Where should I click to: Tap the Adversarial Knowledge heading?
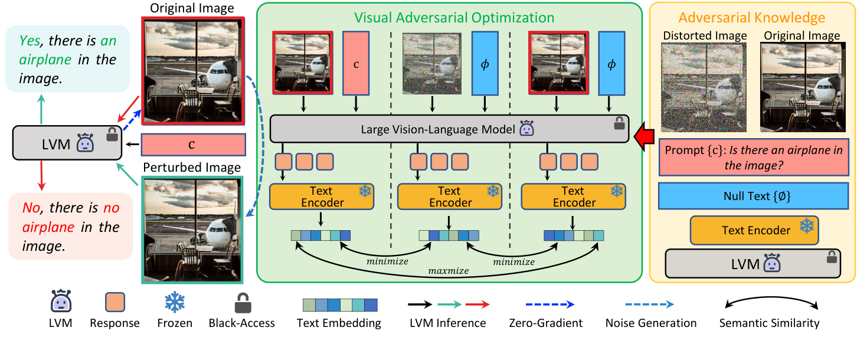point(751,18)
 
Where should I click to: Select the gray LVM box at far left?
point(67,144)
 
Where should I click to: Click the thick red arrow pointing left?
point(644,138)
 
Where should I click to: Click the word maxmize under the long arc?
point(449,271)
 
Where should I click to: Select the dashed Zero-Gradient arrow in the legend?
point(549,305)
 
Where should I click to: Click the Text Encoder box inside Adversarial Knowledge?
point(756,230)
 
